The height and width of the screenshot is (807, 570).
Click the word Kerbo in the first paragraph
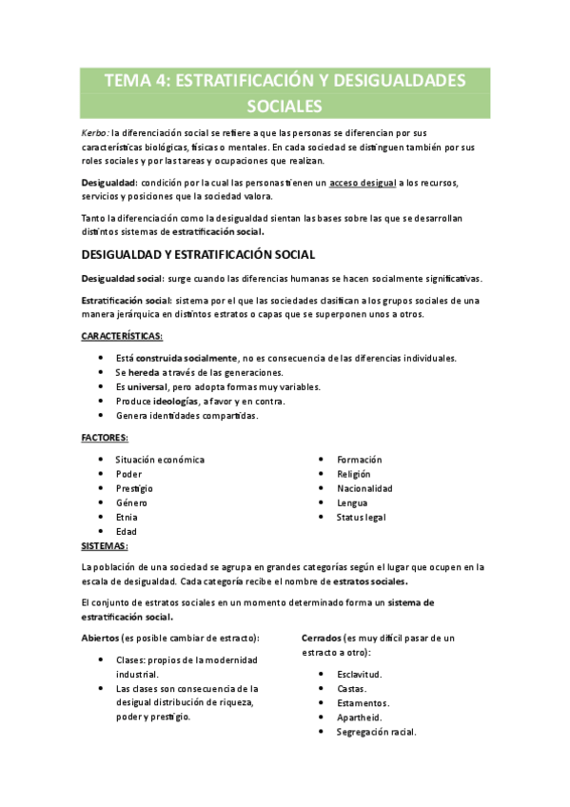click(94, 133)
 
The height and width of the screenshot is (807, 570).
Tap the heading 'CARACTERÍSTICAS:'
click(121, 337)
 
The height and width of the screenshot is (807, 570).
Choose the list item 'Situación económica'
click(160, 460)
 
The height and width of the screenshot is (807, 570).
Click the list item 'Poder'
click(128, 474)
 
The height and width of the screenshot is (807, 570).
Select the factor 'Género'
click(133, 502)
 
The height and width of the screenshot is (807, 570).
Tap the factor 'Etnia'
click(127, 517)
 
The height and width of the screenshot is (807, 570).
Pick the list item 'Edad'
click(127, 531)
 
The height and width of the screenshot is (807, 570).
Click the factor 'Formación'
click(359, 460)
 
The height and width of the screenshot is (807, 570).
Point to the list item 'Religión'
click(354, 474)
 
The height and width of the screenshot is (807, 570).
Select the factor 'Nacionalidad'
click(364, 488)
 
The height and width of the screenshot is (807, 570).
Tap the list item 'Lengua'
click(352, 502)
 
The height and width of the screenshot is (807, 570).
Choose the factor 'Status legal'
click(361, 517)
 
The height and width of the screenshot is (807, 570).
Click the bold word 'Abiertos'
click(101, 637)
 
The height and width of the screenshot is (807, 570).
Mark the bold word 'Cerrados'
click(324, 637)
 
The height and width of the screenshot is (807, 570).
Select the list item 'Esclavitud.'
click(362, 674)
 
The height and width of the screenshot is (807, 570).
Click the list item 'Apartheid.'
click(360, 718)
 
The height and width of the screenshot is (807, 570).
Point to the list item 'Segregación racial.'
click(377, 733)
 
